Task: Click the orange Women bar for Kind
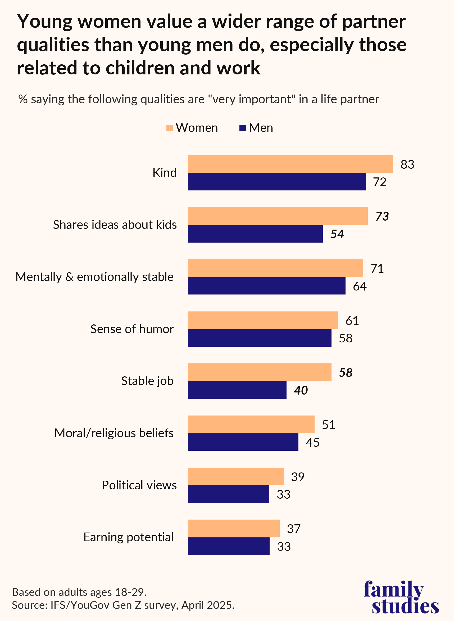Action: click(290, 164)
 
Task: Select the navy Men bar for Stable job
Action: click(237, 390)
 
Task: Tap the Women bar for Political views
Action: click(235, 476)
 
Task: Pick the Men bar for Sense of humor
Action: click(260, 338)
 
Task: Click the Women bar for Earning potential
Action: click(234, 528)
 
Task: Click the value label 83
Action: click(407, 164)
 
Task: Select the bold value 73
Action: click(382, 216)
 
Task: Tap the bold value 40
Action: click(301, 390)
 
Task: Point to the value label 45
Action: click(312, 442)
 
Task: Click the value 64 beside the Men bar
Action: click(360, 286)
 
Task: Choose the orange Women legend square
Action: click(170, 128)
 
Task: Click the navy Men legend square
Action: click(242, 128)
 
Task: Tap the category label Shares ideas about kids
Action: click(115, 225)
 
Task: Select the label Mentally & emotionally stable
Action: click(94, 277)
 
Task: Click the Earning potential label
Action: click(128, 537)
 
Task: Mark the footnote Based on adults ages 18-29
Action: click(79, 592)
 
